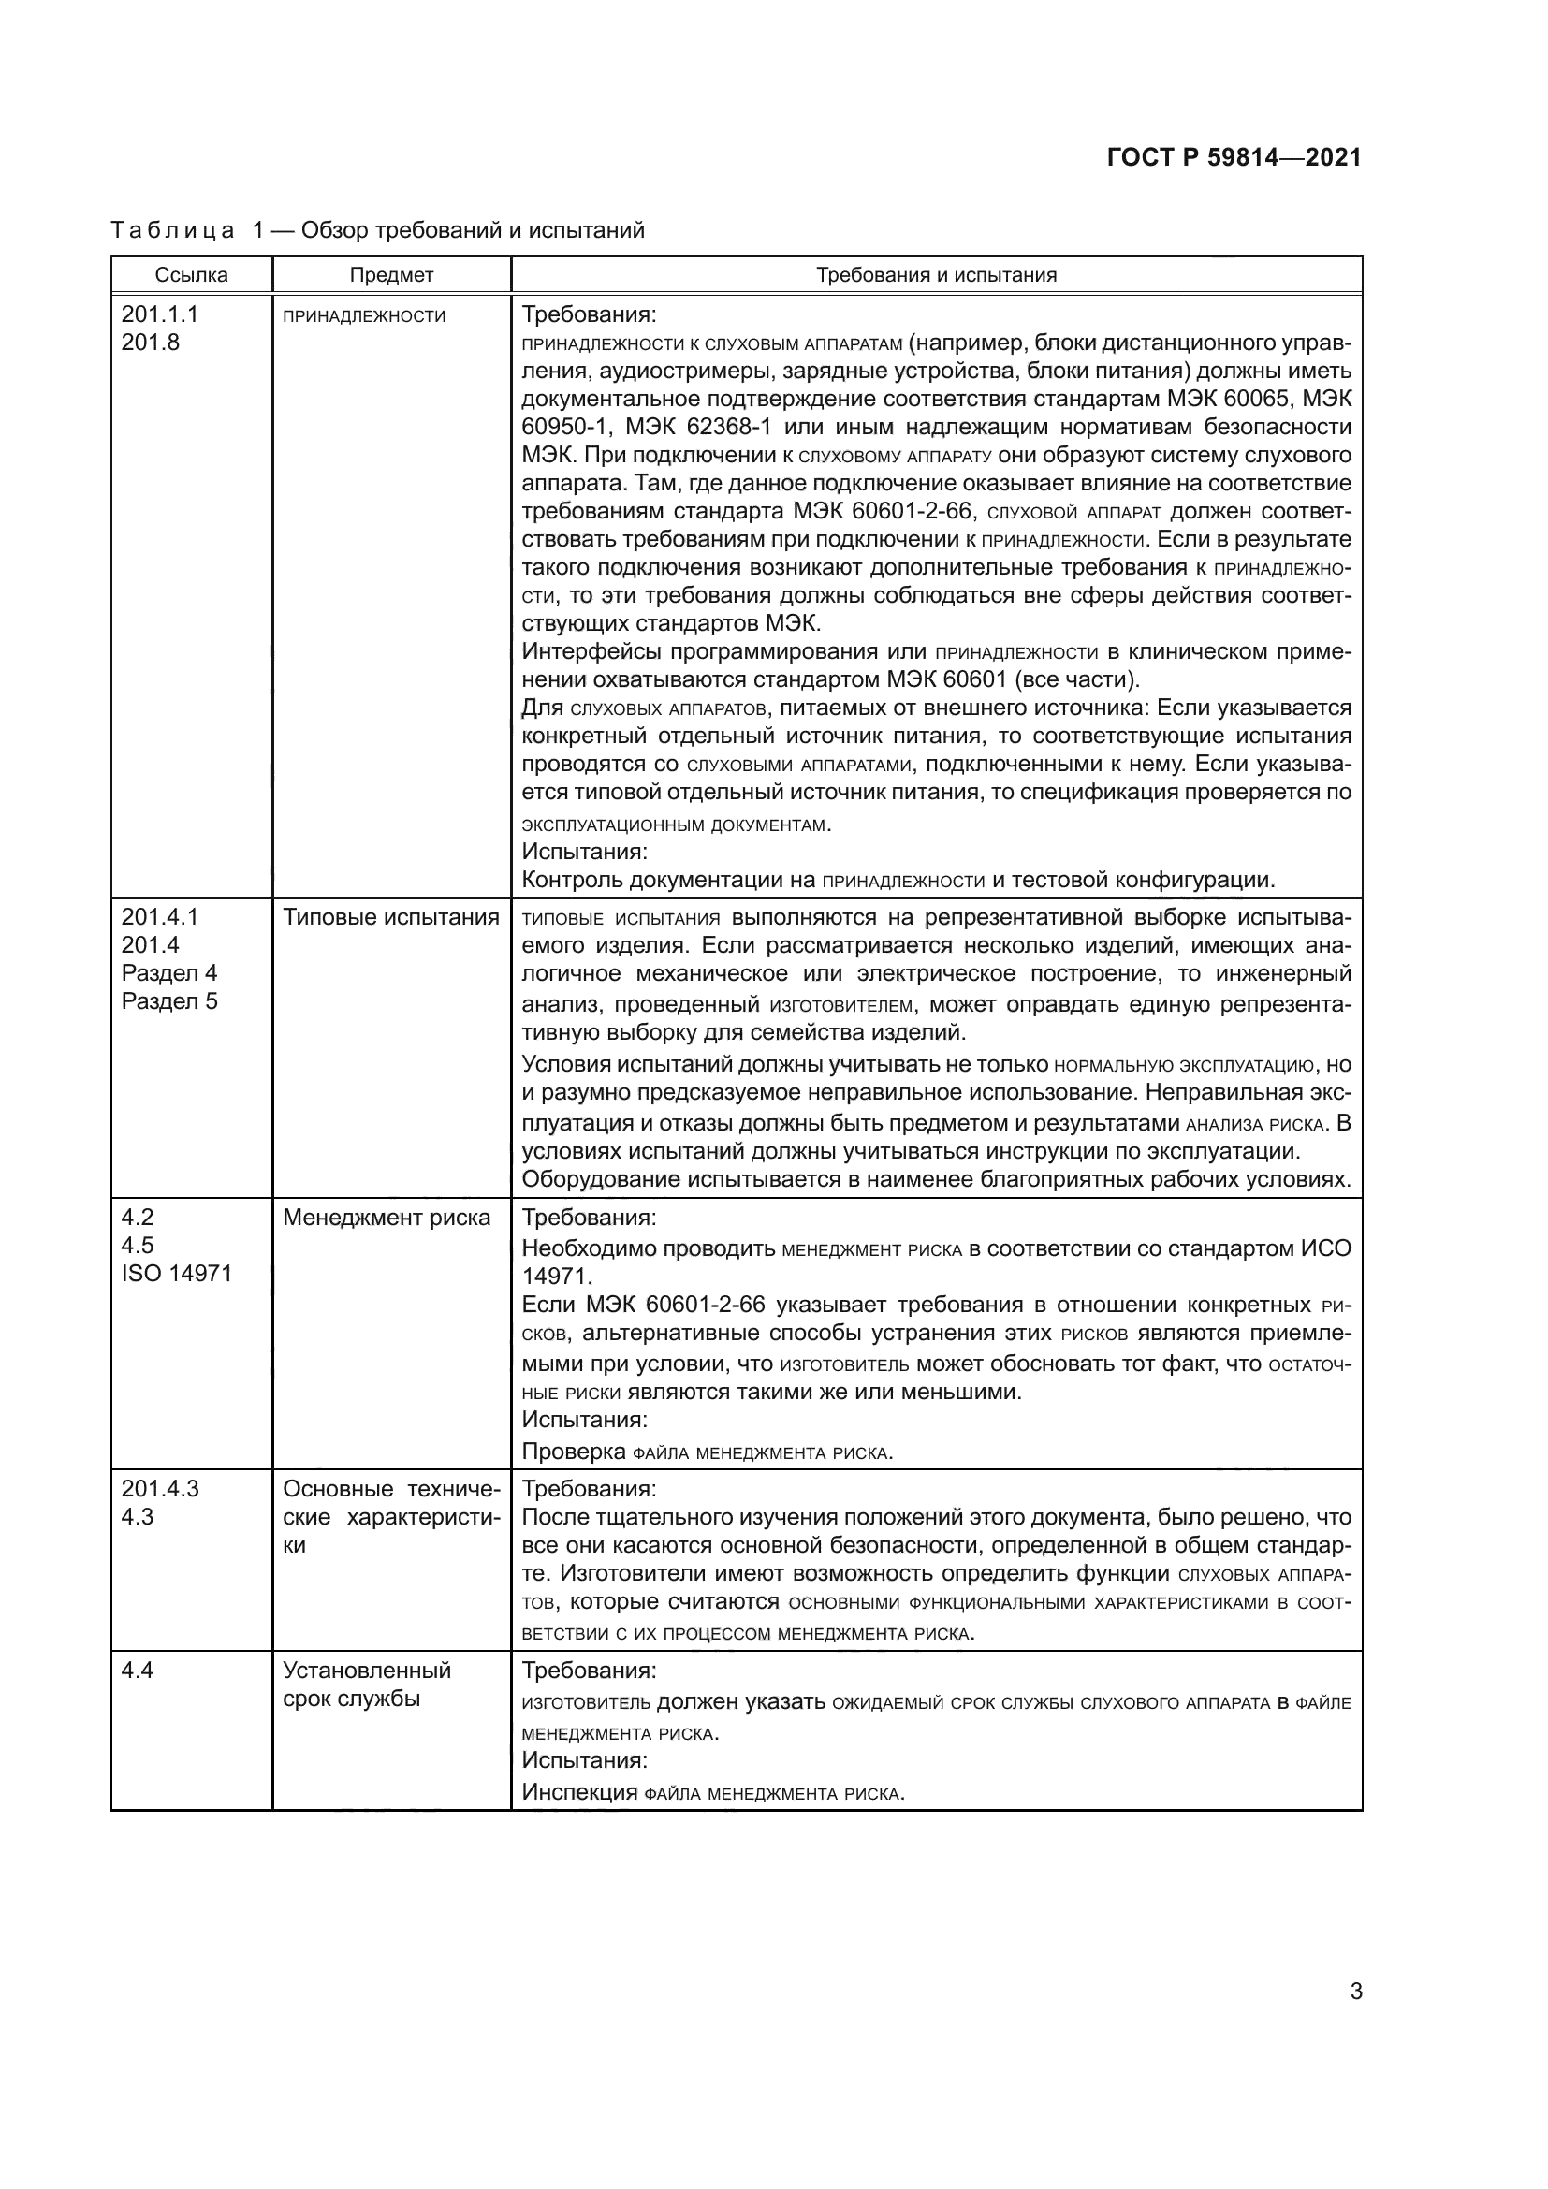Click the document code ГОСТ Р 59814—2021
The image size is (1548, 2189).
pyautogui.click(x=1234, y=158)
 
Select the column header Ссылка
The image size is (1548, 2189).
pyautogui.click(x=192, y=275)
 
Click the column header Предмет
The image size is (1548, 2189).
pyautogui.click(x=391, y=275)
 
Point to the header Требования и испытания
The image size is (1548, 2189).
pyautogui.click(x=936, y=275)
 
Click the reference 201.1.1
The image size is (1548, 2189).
pyautogui.click(x=160, y=314)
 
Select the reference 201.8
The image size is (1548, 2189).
pyautogui.click(x=151, y=343)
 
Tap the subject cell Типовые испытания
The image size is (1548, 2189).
pyautogui.click(x=391, y=917)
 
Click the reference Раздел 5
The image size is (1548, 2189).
pyautogui.click(x=169, y=1002)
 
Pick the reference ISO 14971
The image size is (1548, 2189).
pyautogui.click(x=176, y=1274)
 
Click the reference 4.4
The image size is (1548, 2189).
pyautogui.click(x=138, y=1671)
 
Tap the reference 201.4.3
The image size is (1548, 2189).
pyautogui.click(x=160, y=1489)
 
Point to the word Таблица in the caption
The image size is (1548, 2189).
pyautogui.click(x=172, y=231)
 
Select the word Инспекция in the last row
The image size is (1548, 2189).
pyautogui.click(x=578, y=1792)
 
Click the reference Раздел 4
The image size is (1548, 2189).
pyautogui.click(x=169, y=973)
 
